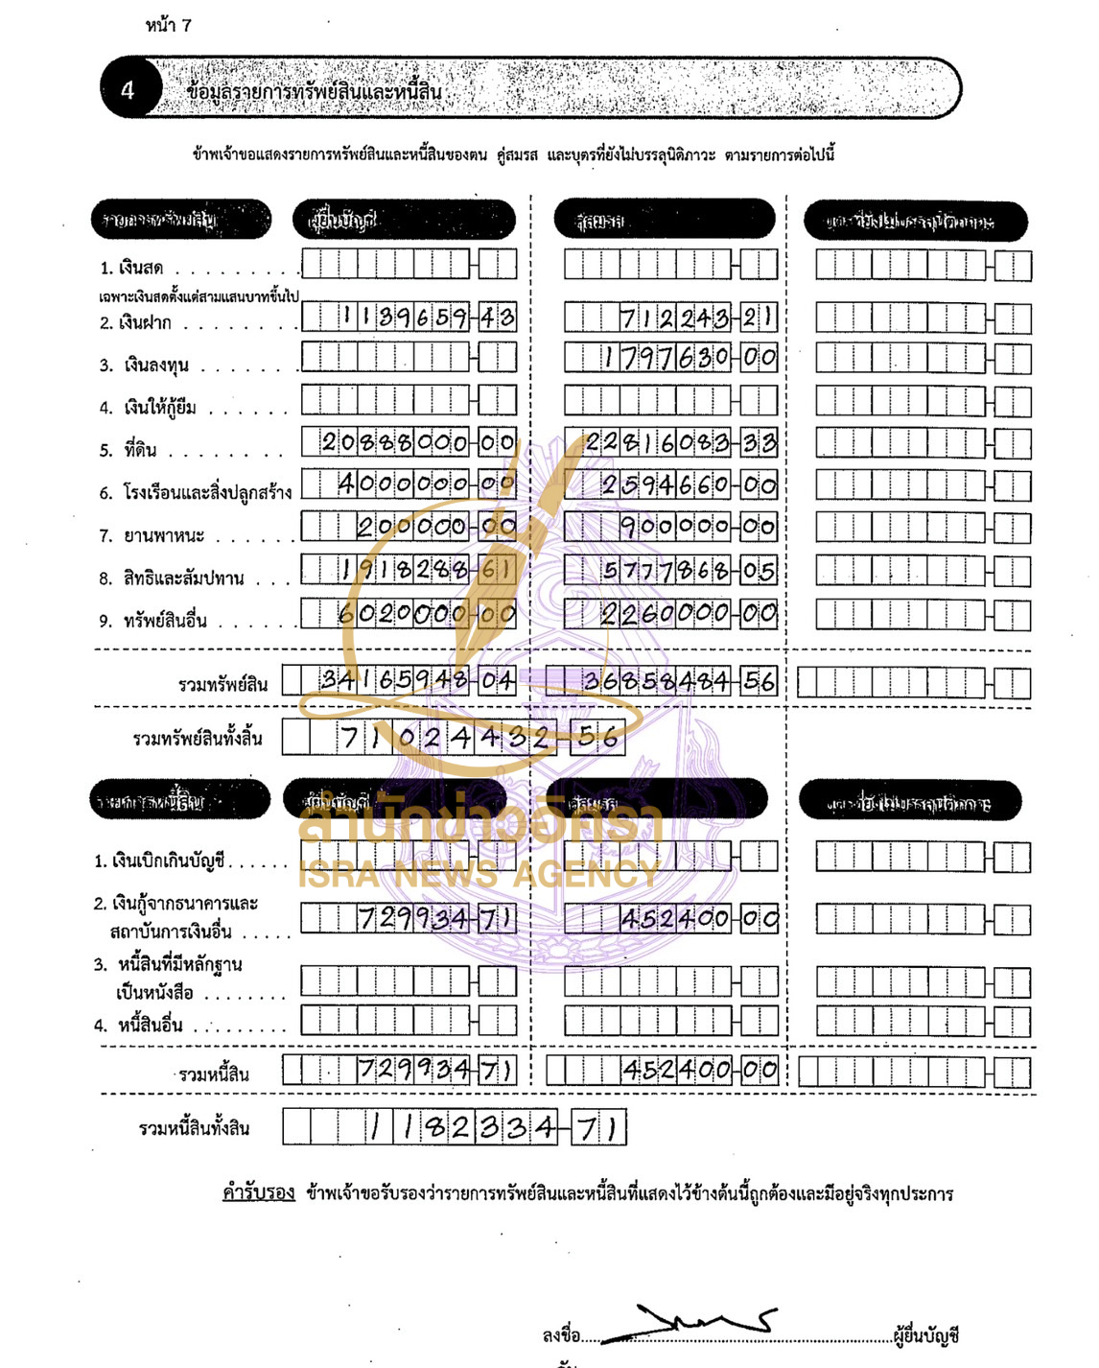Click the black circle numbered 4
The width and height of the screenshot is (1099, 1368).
128,89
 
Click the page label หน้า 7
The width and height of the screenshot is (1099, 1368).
168,26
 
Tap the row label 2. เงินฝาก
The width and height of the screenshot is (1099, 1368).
136,323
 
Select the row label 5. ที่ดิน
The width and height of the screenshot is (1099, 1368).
128,450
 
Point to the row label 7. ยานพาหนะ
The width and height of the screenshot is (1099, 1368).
152,535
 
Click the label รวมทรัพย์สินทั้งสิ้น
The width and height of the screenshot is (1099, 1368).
198,739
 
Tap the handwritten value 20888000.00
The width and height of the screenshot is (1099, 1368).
418,442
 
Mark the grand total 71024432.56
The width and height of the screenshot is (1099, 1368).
479,738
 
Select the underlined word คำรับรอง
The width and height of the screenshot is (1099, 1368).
258,1193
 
